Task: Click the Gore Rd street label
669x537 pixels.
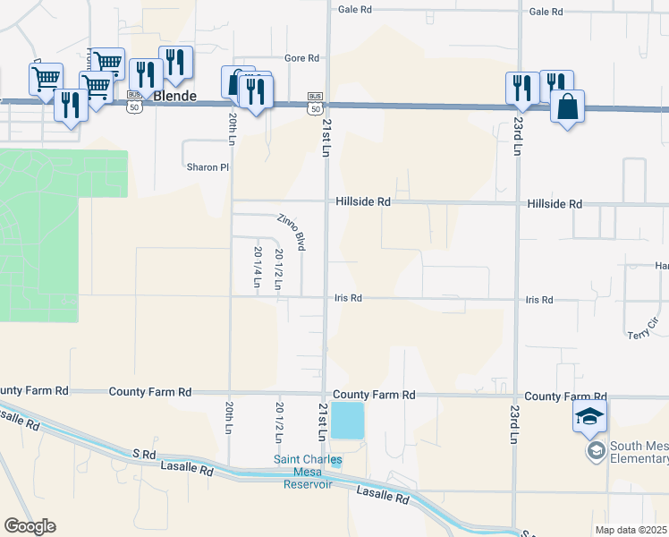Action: (301, 58)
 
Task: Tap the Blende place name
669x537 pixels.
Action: (174, 95)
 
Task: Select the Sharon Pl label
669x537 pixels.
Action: (207, 167)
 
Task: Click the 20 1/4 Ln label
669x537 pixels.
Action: (258, 266)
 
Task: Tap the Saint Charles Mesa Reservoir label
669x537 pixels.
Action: (308, 473)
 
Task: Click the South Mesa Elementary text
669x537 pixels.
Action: (639, 452)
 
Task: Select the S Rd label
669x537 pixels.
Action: (145, 455)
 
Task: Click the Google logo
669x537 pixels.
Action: (30, 526)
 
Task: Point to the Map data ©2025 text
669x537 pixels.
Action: (631, 530)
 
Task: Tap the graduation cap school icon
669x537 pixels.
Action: (590, 415)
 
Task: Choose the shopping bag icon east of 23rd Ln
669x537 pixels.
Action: (567, 107)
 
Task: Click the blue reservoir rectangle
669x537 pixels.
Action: (348, 420)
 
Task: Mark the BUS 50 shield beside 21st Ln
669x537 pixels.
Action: (315, 102)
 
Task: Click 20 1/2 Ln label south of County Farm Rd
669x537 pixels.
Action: (279, 417)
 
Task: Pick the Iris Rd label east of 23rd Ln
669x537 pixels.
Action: (539, 300)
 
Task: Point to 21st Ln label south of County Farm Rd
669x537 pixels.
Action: (323, 422)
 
